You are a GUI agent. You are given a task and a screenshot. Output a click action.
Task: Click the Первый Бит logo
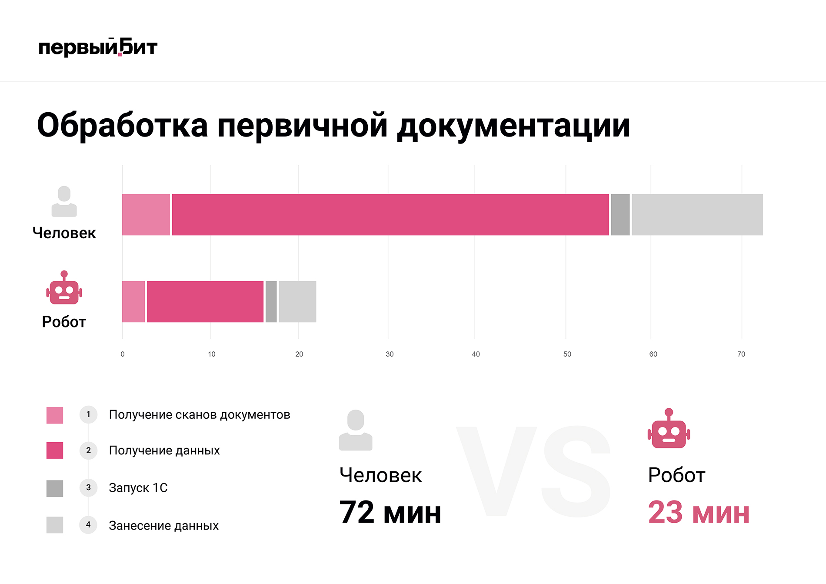98,47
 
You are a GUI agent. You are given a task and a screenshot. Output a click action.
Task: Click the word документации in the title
513,126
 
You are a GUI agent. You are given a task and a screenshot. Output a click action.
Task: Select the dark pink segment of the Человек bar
390,215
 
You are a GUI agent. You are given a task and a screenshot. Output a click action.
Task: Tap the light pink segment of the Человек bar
146,215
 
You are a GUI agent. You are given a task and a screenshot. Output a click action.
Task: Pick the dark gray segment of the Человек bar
620,215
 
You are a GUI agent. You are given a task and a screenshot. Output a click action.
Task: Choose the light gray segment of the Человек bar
697,215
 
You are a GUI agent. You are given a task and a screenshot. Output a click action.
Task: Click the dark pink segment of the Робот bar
205,302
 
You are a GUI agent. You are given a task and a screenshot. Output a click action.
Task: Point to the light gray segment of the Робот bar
297,302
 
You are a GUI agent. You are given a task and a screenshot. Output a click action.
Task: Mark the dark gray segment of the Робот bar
271,302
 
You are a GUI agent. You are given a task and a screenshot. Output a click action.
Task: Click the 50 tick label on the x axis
567,354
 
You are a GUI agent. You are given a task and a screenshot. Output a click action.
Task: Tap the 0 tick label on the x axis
123,354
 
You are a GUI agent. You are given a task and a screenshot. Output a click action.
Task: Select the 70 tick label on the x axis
741,354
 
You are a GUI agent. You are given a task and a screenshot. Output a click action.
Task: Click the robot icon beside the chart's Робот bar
64,288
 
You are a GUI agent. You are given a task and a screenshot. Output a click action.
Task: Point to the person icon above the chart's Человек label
64,201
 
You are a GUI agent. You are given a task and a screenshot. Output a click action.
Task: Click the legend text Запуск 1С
138,488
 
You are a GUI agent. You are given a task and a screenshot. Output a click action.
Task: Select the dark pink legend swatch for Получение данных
55,451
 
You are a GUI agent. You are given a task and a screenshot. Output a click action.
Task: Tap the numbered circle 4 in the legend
88,525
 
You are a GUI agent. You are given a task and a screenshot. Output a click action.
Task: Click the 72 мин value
390,512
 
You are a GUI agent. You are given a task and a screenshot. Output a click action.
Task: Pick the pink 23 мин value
698,512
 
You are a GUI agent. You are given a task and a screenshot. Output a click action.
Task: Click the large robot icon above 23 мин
669,429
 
